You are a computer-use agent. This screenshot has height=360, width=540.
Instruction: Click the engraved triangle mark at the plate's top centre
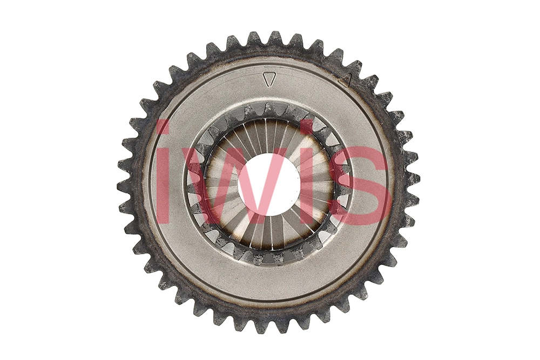[x=269, y=79]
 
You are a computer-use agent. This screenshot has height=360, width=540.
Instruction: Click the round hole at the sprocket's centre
[x=269, y=184]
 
